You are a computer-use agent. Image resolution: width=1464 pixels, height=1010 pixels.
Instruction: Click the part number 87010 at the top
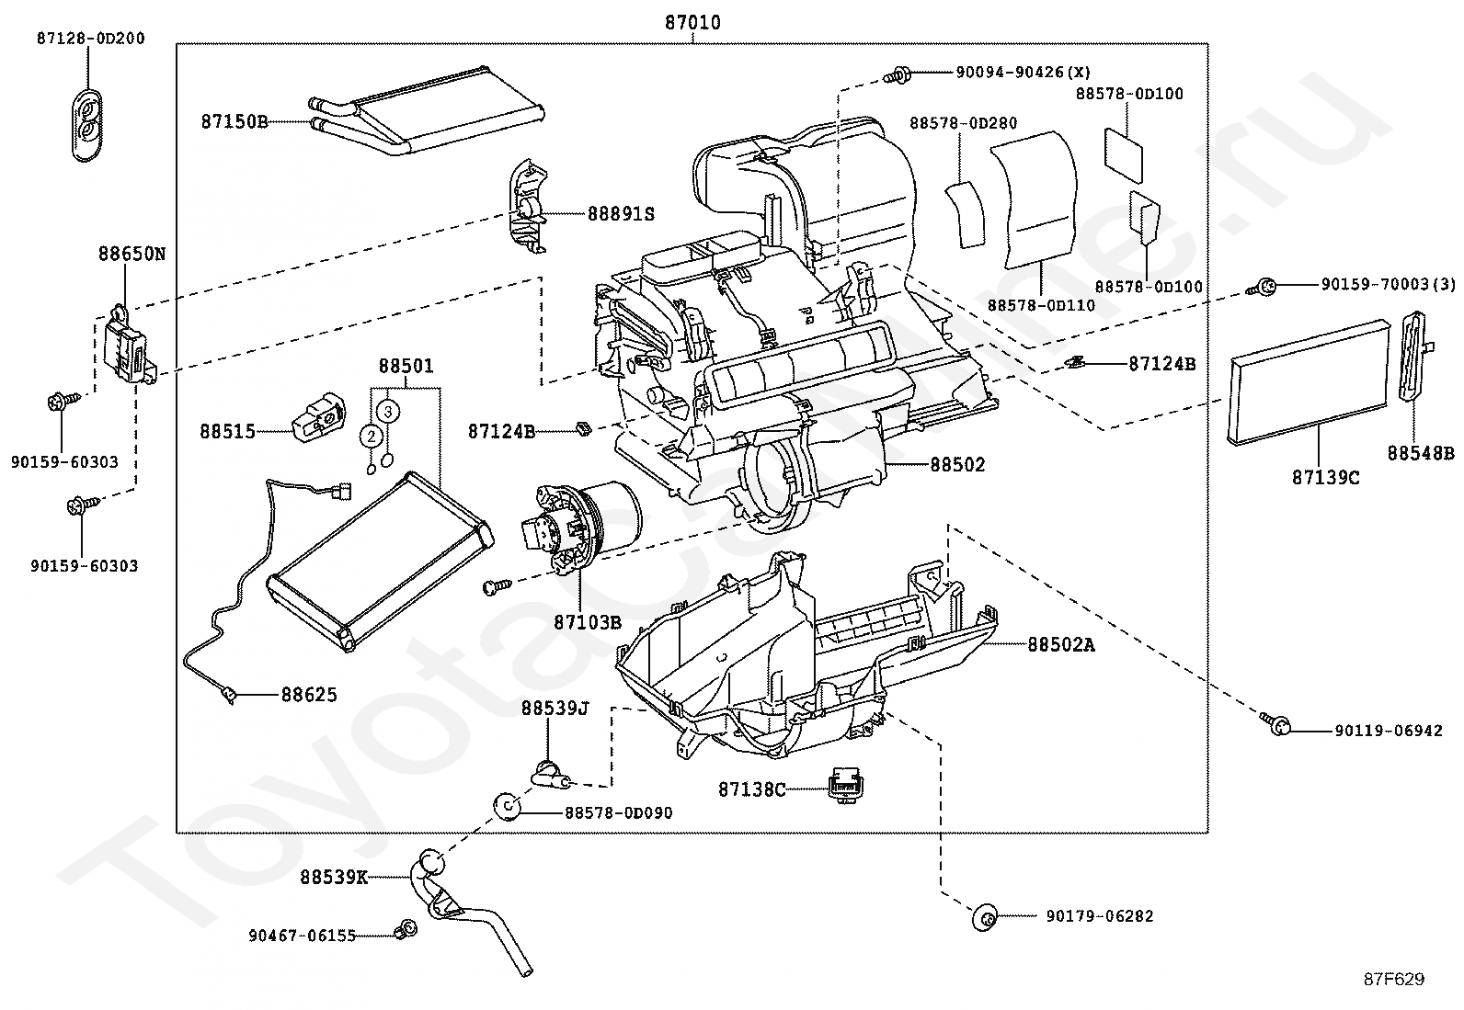[692, 23]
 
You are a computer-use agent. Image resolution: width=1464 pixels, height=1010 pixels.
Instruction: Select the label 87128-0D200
[90, 39]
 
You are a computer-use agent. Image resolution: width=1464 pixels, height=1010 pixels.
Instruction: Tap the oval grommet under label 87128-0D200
[87, 123]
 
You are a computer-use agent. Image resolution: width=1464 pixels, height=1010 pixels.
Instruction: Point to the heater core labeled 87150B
[426, 109]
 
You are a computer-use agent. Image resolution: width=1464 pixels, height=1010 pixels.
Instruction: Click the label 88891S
[621, 214]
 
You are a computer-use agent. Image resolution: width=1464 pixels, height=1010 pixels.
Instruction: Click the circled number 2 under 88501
[372, 436]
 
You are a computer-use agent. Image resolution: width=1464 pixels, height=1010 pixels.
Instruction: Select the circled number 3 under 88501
[388, 412]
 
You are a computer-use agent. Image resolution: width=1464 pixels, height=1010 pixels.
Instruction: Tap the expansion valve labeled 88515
[319, 417]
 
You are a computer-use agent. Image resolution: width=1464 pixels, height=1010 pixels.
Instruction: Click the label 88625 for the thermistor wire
[309, 695]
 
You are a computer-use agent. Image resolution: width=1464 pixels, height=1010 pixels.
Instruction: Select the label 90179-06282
[1100, 916]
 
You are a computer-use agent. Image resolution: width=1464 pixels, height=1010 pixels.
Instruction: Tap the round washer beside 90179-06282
[985, 917]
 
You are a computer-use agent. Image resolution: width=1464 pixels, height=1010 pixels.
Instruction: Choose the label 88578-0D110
[1041, 305]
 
